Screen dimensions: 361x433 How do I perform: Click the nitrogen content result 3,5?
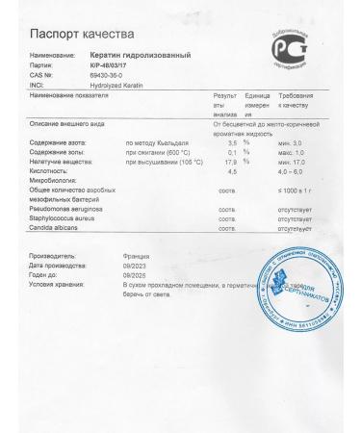coord(231,141)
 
